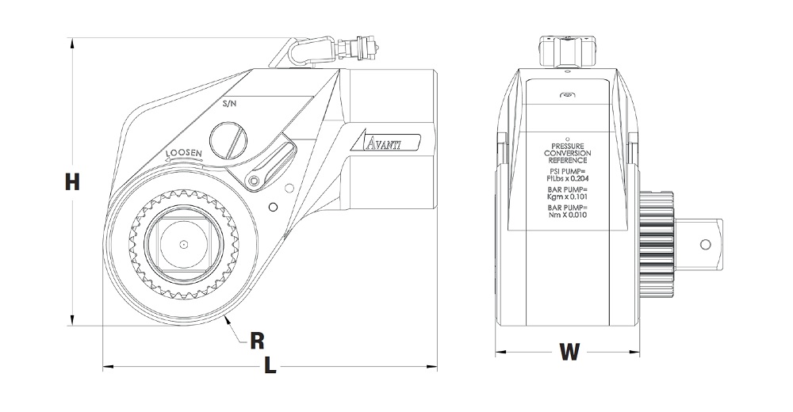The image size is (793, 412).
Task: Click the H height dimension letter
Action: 72,181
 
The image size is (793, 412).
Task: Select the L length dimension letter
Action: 270,365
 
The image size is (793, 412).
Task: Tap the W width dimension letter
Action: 569,352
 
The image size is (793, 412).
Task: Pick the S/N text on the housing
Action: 230,104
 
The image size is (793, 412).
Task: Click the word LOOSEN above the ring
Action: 184,153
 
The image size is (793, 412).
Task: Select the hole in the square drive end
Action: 705,245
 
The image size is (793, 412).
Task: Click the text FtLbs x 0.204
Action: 568,178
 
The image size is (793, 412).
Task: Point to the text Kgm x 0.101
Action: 568,196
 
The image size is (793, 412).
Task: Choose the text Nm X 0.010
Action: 568,215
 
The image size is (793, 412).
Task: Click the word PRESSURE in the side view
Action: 568,146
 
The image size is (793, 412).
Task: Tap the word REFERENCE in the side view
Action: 568,160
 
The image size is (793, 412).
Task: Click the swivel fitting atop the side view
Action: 567,51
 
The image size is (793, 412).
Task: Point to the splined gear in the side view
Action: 656,245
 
